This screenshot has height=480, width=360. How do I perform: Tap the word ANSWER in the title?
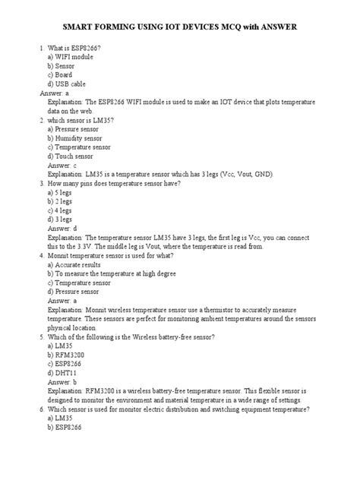pyautogui.click(x=272, y=27)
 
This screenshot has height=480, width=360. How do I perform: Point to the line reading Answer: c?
pyautogui.click(x=62, y=165)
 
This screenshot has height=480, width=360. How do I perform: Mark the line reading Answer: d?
pyautogui.click(x=62, y=228)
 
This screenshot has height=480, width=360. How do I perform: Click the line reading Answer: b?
pyautogui.click(x=62, y=381)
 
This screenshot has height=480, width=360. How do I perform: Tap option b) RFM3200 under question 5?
pyautogui.click(x=63, y=354)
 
